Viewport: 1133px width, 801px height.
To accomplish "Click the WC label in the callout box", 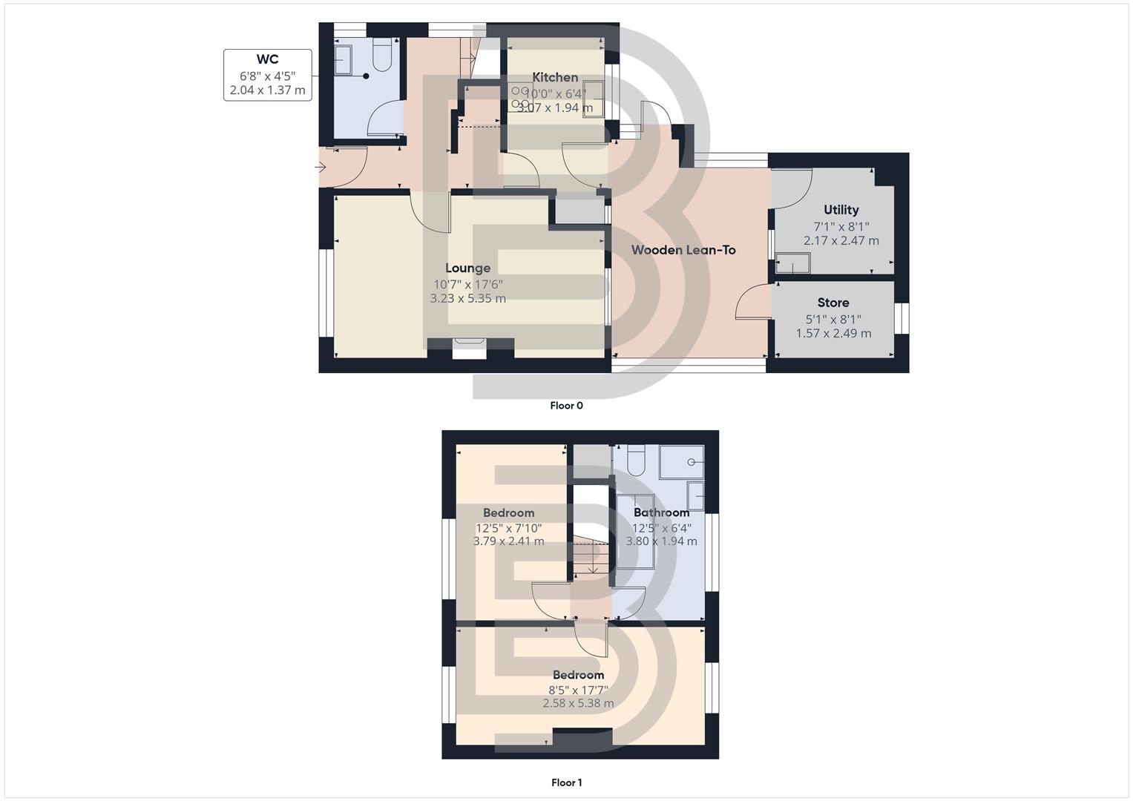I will coord(267,59).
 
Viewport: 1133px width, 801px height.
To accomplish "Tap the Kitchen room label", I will coord(555,77).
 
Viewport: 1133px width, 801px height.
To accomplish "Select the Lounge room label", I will coord(467,268).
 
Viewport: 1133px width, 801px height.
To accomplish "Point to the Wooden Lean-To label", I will coord(683,250).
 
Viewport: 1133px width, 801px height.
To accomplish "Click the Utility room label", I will coord(841,210).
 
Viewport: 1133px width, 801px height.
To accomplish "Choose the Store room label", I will coord(832,303).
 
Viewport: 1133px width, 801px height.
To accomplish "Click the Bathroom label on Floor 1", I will coord(661,512).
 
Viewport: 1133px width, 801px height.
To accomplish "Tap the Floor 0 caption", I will coord(566,406).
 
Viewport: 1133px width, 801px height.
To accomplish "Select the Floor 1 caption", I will coord(566,782).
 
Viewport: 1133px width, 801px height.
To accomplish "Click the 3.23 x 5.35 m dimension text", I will coord(467,299).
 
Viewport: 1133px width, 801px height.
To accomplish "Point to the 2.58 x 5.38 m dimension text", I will coord(578,703).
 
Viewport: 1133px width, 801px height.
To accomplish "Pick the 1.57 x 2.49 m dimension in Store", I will coord(833,333).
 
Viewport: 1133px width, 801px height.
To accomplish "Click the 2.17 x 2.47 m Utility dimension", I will coord(841,241).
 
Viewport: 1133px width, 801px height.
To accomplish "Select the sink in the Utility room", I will coord(792,263).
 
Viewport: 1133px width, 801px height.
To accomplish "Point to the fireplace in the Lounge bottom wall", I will coord(469,348).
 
